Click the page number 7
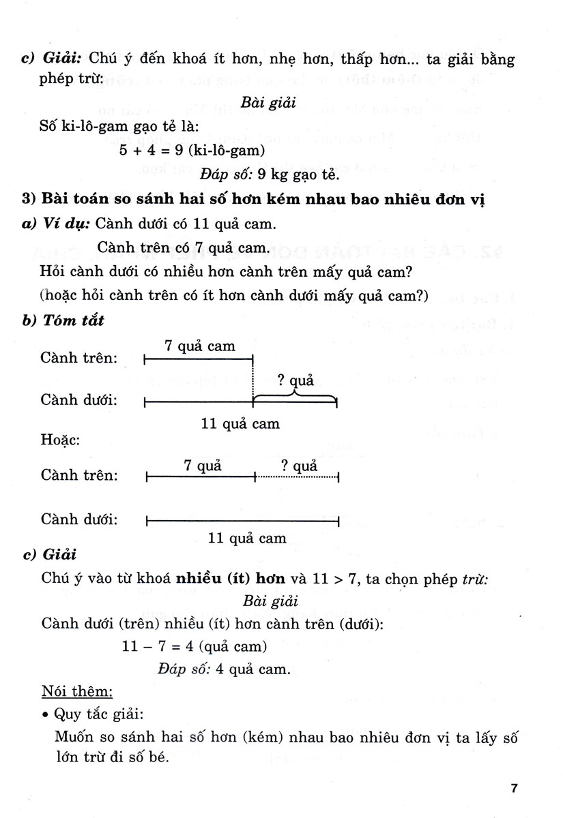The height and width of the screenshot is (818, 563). point(515,789)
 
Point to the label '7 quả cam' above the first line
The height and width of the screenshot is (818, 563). point(200,346)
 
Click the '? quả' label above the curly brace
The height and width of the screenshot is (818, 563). point(295,380)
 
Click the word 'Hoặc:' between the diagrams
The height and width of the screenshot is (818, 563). point(60,440)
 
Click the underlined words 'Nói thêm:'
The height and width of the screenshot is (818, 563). point(76,691)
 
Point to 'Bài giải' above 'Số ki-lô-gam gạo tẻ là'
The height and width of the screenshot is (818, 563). point(270,104)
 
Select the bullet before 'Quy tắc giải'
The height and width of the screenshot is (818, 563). point(44,715)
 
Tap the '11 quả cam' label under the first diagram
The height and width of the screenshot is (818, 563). point(240,423)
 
